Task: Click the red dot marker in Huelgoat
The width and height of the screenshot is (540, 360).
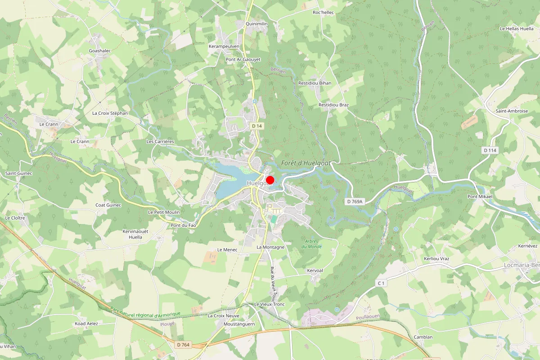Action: (x=270, y=180)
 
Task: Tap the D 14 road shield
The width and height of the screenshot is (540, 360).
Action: (x=257, y=126)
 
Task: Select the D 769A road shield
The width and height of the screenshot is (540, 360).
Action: (x=355, y=202)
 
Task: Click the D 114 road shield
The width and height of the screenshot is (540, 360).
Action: (x=490, y=150)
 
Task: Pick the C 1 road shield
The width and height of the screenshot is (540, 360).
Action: (x=381, y=283)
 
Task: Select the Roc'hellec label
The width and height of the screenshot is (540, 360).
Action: (x=323, y=13)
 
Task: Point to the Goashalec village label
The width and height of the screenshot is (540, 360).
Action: (x=100, y=51)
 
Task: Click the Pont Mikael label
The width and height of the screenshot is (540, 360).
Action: (x=480, y=197)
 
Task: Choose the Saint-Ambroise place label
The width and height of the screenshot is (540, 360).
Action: (x=512, y=111)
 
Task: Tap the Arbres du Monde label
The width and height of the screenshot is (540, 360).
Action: (x=312, y=244)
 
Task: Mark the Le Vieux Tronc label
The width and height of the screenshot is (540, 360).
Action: (x=269, y=305)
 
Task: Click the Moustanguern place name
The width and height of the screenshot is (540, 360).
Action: (x=239, y=324)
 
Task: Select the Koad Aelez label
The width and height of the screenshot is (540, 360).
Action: (x=86, y=324)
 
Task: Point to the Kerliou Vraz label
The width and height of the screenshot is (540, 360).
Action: (x=436, y=259)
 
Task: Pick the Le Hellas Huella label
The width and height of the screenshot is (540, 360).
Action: (x=517, y=28)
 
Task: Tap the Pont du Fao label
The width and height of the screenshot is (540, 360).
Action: (x=183, y=225)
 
